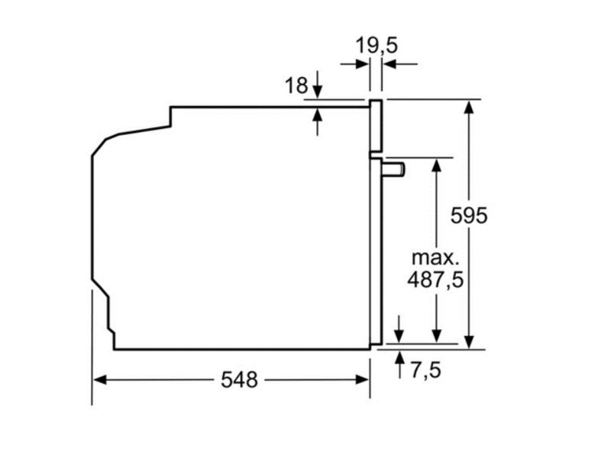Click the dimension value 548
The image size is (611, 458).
239,379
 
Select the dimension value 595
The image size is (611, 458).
467,215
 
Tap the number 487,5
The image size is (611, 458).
435,279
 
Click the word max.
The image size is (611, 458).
435,256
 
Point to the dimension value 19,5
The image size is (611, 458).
377,46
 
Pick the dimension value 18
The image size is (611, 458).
297,85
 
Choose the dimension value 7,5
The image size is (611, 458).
426,371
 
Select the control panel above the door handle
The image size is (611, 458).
375,126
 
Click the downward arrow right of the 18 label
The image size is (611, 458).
318,92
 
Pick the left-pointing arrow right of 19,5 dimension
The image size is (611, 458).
389,65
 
